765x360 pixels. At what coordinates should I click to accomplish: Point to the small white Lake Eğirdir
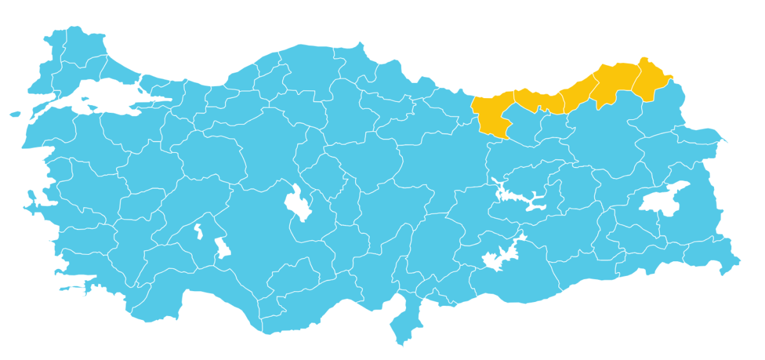[x=198, y=231]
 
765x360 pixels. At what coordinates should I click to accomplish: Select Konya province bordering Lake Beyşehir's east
[x=268, y=236]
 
